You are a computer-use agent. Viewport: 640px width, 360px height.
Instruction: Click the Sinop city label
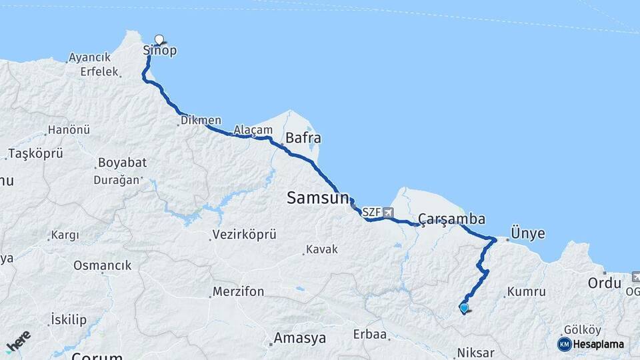pyautogui.click(x=160, y=51)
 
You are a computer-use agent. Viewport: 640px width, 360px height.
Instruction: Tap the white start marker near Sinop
pyautogui.click(x=159, y=39)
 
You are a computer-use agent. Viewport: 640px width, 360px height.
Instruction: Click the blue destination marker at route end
pyautogui.click(x=464, y=307)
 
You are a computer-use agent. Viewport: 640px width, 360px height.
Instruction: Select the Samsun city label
pyautogui.click(x=317, y=197)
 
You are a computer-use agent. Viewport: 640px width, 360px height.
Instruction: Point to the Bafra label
pyautogui.click(x=303, y=139)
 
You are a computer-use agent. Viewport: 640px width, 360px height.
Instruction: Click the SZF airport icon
pyautogui.click(x=388, y=213)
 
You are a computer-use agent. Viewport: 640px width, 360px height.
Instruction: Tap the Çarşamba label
pyautogui.click(x=451, y=219)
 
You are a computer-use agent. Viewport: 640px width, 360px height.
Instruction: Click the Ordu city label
pyautogui.click(x=604, y=283)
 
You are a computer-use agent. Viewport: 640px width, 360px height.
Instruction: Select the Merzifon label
pyautogui.click(x=238, y=292)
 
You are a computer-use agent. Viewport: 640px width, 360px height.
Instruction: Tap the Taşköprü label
pyautogui.click(x=36, y=153)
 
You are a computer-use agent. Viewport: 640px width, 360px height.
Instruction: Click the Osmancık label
pyautogui.click(x=102, y=265)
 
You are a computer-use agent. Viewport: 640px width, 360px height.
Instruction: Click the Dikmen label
pyautogui.click(x=201, y=121)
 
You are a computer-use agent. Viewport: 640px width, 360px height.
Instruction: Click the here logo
pyautogui.click(x=19, y=342)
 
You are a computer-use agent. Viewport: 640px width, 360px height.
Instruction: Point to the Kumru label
pyautogui.click(x=526, y=292)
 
